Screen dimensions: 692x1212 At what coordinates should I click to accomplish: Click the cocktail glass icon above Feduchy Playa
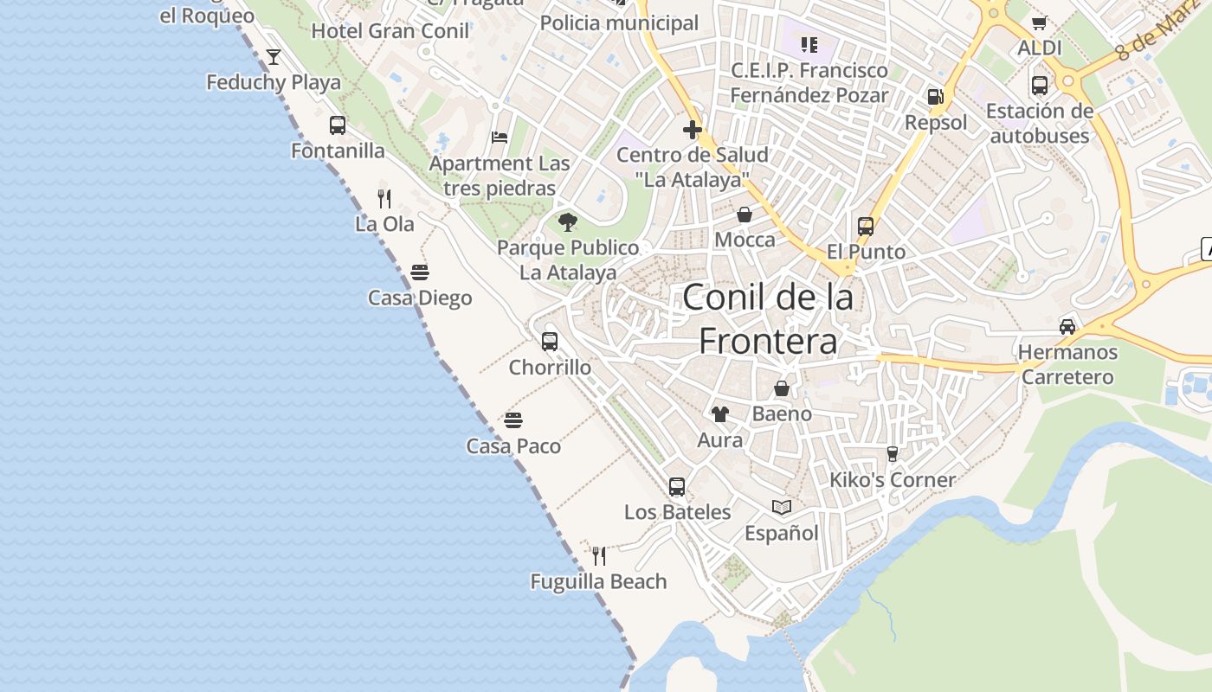274,57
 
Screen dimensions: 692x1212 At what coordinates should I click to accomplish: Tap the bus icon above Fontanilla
338,125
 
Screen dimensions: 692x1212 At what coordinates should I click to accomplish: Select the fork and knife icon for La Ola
385,199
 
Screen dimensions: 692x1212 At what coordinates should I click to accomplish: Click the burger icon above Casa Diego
420,273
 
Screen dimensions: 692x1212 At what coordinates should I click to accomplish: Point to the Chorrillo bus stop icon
550,342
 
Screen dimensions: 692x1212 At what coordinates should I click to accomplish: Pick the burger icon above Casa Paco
513,421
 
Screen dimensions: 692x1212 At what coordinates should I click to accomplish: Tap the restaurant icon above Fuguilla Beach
598,555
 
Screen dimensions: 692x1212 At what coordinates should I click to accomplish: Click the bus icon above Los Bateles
677,487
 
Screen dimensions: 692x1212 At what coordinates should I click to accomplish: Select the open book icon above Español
782,508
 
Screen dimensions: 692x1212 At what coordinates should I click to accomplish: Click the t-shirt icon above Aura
720,414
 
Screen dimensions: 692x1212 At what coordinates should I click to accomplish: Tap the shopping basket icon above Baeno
782,388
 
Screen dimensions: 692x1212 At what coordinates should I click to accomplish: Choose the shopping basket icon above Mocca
745,215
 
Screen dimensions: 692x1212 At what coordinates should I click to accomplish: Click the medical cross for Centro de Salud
693,130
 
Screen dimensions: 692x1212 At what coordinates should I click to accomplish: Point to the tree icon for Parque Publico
568,222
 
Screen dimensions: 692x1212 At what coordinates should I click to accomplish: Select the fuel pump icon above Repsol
935,97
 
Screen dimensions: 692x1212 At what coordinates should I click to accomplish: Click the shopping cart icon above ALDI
1040,22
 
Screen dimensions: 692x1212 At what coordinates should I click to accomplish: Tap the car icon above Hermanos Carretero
1067,327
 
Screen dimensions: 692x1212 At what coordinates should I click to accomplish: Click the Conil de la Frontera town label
768,319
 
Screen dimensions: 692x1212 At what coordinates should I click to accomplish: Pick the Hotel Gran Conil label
390,31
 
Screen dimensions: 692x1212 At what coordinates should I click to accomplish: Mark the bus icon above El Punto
866,227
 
